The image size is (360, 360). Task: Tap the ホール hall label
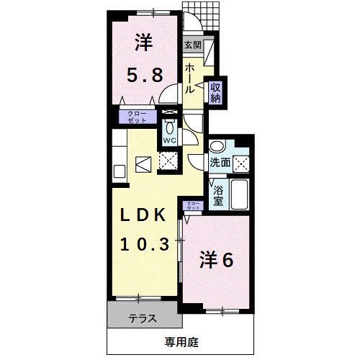pyautogui.click(x=191, y=78)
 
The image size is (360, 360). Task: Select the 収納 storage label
pyautogui.click(x=215, y=92)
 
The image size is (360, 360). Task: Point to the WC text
pyautogui.click(x=170, y=140)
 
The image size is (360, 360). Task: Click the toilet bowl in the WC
pyautogui.click(x=170, y=124)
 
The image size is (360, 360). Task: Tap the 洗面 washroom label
pyautogui.click(x=220, y=163)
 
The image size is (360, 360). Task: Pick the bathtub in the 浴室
pyautogui.click(x=240, y=192)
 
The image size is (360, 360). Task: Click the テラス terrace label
pyautogui.click(x=143, y=318)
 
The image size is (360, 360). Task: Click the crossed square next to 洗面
pyautogui.click(x=243, y=161)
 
